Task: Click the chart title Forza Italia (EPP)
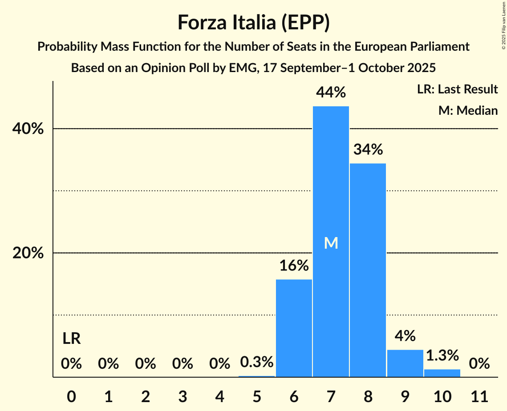pos(253,23)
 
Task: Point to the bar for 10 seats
pos(442,373)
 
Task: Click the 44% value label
pos(331,93)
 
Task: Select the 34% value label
pos(368,150)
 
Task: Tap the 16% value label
pos(294,266)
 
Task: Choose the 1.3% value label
pos(442,355)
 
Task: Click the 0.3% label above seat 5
pos(257,362)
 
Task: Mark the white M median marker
pos(331,243)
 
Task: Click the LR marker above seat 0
pos(71,339)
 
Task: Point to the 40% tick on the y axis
pos(27,129)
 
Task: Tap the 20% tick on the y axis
pos(27,253)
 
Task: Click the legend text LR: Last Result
pos(457,89)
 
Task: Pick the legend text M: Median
pos(468,110)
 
